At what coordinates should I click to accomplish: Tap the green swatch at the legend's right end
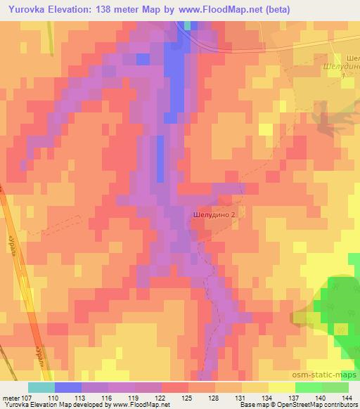point(335,387)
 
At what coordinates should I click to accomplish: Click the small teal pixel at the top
point(187,26)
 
